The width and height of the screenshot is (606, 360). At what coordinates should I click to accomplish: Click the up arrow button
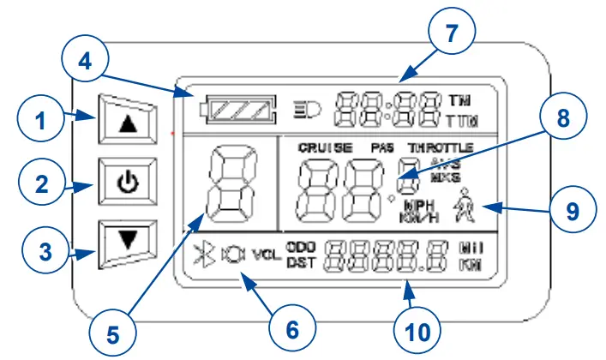click(127, 123)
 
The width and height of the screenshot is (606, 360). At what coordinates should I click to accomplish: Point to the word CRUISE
click(325, 147)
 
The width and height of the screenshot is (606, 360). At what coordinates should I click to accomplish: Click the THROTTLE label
click(441, 147)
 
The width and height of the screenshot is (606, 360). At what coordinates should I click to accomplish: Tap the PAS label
click(383, 147)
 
